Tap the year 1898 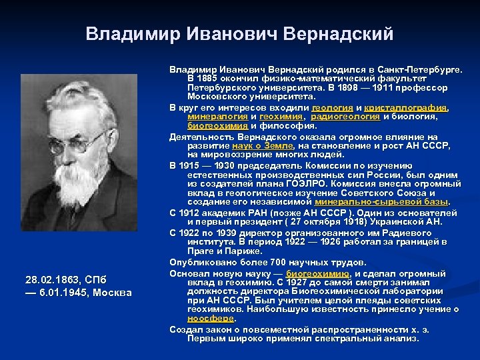(355, 87)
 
